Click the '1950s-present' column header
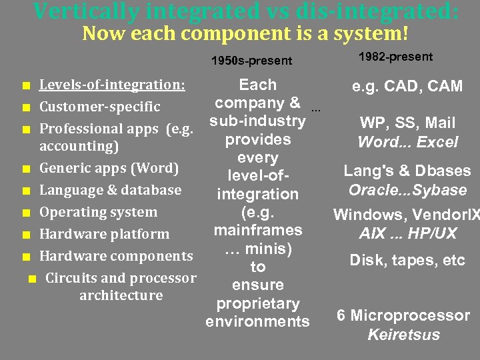(251, 61)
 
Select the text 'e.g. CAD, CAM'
(408, 86)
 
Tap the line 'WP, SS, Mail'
(407, 123)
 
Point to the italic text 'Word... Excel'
(407, 142)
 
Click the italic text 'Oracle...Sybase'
(407, 190)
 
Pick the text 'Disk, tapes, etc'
(407, 260)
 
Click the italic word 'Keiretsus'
(403, 335)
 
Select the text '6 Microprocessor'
(403, 315)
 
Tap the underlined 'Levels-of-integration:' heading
(112, 85)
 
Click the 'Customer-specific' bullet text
(100, 107)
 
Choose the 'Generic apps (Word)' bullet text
(109, 168)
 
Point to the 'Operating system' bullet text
(99, 213)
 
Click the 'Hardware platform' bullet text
(104, 234)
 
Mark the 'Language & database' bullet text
(110, 190)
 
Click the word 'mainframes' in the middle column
(257, 231)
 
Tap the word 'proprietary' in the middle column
(257, 303)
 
